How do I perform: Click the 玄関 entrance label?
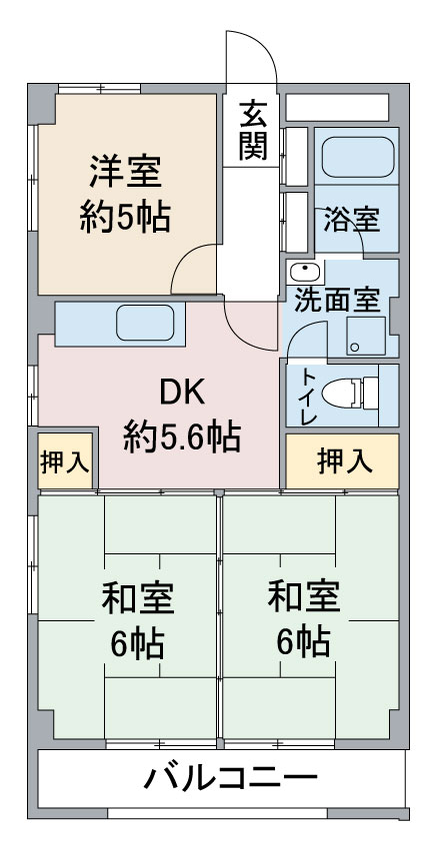[253, 130]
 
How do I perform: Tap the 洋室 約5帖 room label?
[125, 194]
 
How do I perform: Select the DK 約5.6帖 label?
[182, 415]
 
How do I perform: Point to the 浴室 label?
[352, 220]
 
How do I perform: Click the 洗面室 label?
[337, 301]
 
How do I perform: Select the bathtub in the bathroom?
[358, 157]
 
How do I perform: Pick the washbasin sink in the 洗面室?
[306, 272]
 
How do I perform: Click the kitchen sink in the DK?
[145, 324]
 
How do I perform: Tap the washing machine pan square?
[366, 336]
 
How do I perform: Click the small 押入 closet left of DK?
[65, 461]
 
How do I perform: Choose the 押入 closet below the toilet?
[343, 461]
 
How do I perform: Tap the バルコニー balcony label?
[230, 778]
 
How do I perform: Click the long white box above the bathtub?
[337, 108]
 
